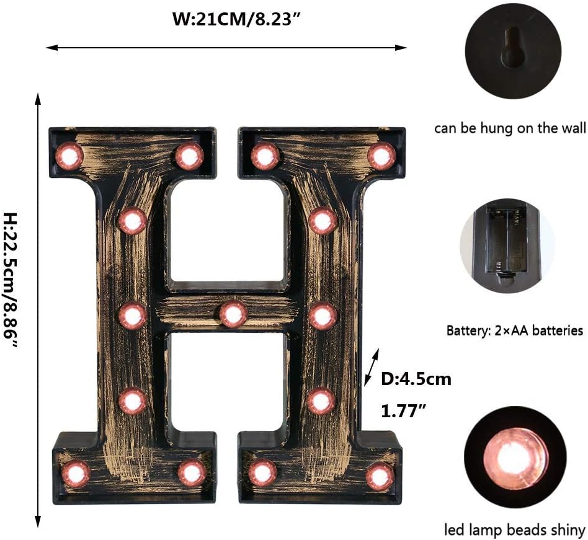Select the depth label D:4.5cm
[416, 379]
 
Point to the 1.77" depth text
[403, 409]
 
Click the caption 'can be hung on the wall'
[509, 129]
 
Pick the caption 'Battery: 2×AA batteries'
[515, 330]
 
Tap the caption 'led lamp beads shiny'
[514, 530]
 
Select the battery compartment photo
[508, 246]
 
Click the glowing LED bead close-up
[514, 458]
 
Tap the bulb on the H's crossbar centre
[233, 314]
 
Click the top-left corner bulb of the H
[69, 156]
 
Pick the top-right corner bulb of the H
[381, 156]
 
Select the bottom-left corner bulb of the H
[76, 474]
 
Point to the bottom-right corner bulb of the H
[379, 476]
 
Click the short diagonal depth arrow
[371, 367]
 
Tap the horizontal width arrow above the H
[226, 47]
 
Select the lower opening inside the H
[228, 381]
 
